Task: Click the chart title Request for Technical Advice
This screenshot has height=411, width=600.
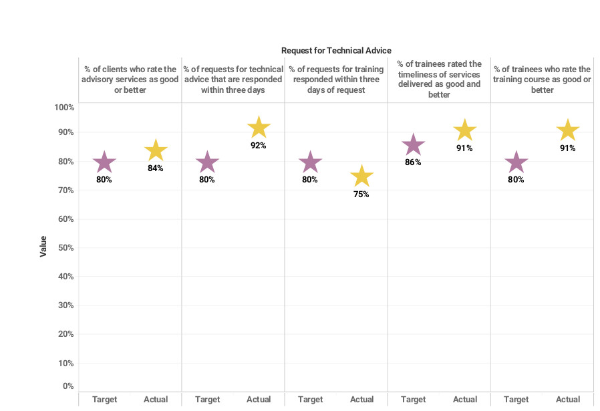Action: pos(336,51)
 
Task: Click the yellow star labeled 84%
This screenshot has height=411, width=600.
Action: pos(156,151)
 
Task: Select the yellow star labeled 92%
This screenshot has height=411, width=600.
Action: pos(259,128)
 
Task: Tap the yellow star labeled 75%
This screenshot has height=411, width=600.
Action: pos(361,176)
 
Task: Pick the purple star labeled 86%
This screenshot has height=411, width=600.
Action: pos(414,144)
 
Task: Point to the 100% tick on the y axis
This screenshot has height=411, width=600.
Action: pos(64,108)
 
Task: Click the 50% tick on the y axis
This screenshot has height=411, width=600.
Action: pos(65,248)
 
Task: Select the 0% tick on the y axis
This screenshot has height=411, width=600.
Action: pos(67,386)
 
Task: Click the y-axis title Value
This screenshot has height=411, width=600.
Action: pos(43,246)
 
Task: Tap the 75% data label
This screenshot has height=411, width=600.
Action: pos(361,194)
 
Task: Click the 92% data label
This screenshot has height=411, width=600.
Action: pos(259,146)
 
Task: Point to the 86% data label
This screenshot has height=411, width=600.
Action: pos(414,162)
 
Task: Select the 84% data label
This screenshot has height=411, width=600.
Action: pos(156,168)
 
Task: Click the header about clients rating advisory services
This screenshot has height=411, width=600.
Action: pos(130,80)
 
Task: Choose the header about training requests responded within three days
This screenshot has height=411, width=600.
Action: pos(336,80)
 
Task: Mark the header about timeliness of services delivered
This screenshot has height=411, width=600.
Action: pos(439,80)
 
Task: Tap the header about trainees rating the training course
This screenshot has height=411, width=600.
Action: pos(542,80)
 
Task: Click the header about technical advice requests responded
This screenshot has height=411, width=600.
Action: pos(233,80)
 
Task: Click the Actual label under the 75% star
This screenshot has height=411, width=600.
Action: pos(361,400)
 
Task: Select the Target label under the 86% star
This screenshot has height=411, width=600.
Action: pos(414,400)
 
